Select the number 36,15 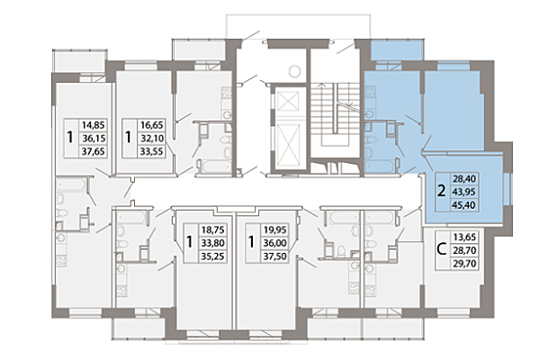[94, 139]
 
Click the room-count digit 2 [440, 192]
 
